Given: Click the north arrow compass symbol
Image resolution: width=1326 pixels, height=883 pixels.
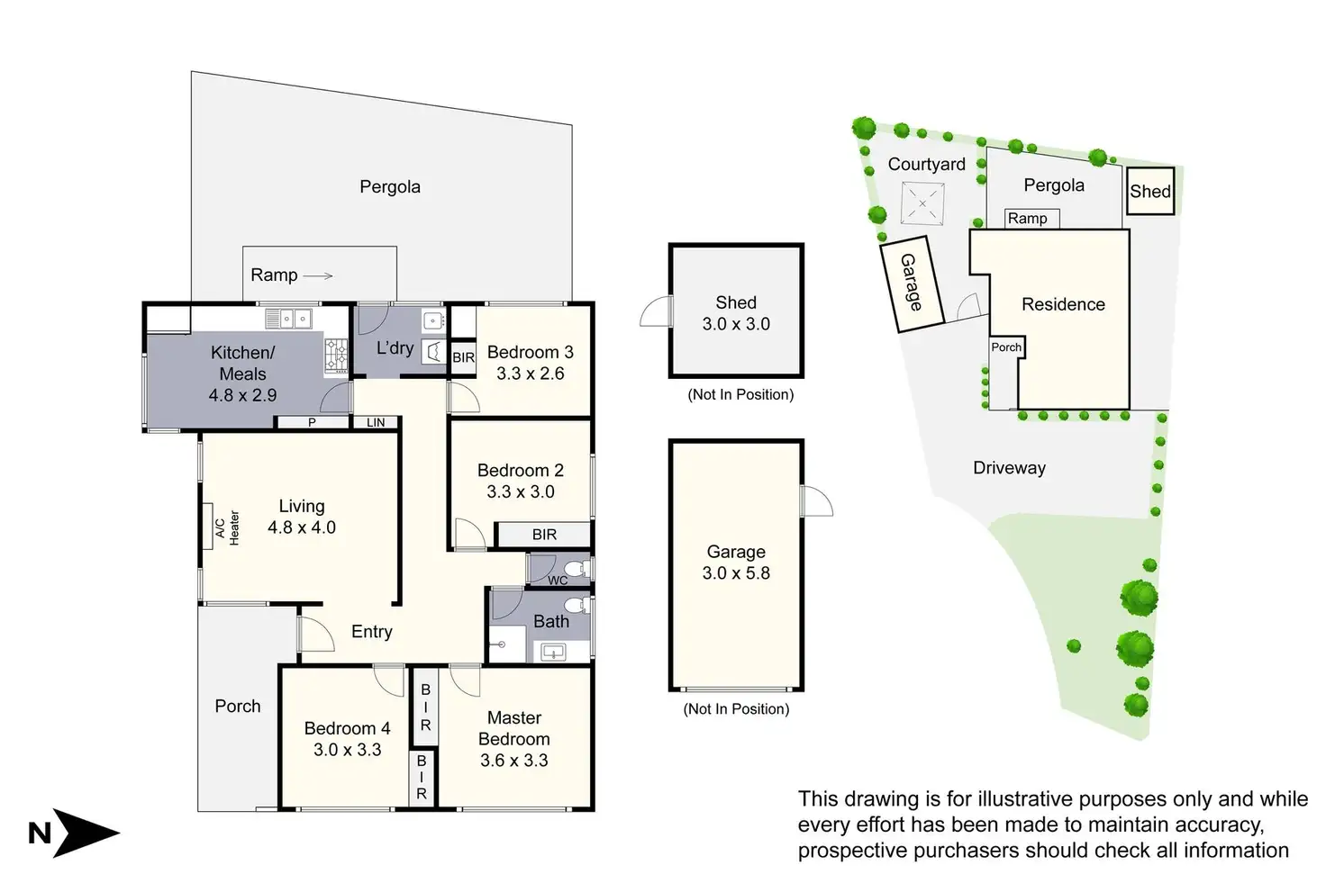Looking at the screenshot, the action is pos(74,833).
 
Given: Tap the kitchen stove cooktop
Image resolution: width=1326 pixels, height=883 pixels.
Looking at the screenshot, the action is pos(336,356).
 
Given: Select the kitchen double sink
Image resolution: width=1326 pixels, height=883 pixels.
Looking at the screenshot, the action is pos(288,320).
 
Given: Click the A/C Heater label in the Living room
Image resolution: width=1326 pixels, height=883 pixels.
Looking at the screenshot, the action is pos(227,527).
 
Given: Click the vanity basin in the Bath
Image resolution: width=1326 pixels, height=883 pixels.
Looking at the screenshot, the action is pos(553,653).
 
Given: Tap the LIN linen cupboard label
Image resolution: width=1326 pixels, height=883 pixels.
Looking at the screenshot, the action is pos(376,422).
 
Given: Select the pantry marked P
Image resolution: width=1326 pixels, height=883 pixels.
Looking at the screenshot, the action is pos(313,422).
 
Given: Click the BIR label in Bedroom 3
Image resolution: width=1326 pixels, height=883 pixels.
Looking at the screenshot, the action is pos(464,357).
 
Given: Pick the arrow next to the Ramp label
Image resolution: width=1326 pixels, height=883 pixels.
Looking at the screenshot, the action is pos(318,275).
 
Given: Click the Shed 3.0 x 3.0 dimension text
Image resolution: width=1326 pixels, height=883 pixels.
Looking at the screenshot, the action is pos(736,324).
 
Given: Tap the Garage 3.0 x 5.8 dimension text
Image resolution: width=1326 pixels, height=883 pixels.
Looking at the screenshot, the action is pos(736,573).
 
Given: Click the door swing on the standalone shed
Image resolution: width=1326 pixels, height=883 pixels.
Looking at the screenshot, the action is pos(656,311).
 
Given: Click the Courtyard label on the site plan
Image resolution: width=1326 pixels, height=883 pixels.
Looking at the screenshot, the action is pos(926,165).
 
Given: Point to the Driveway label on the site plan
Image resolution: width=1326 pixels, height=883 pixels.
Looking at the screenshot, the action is pos(1009,468).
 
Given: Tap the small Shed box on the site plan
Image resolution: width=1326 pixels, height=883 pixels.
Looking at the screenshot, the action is pos(1150,191).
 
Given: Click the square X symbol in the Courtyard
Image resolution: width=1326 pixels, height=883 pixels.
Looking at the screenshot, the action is pos(922,204).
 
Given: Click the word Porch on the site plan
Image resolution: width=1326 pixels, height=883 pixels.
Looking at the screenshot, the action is pos(1006,347).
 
